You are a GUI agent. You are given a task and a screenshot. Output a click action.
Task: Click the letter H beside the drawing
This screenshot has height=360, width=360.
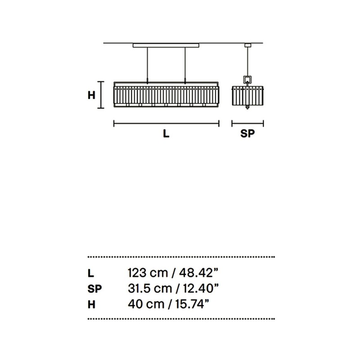pyautogui.click(x=91, y=95)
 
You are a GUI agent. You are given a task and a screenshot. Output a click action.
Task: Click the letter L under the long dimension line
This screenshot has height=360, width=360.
pyautogui.click(x=166, y=134)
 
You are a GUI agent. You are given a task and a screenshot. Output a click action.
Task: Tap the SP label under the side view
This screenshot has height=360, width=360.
pyautogui.click(x=247, y=134)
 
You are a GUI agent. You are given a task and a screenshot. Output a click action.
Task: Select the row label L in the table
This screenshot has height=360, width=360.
pyautogui.click(x=90, y=273)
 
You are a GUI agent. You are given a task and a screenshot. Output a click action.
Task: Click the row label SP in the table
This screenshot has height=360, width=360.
pyautogui.click(x=94, y=288)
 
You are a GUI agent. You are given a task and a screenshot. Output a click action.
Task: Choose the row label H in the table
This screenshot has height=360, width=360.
pyautogui.click(x=91, y=304)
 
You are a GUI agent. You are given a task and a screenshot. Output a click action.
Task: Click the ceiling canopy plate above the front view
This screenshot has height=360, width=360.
pyautogui.click(x=166, y=45)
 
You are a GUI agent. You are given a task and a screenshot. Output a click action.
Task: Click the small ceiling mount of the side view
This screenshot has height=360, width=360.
pyautogui.click(x=247, y=45)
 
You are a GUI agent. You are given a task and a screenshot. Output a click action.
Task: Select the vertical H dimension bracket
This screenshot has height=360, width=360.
pyautogui.click(x=102, y=95)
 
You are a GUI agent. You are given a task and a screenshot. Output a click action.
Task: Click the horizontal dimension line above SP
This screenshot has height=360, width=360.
pyautogui.click(x=247, y=123)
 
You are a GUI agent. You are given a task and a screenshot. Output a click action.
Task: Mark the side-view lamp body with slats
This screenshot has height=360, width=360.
pyautogui.click(x=247, y=96)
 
